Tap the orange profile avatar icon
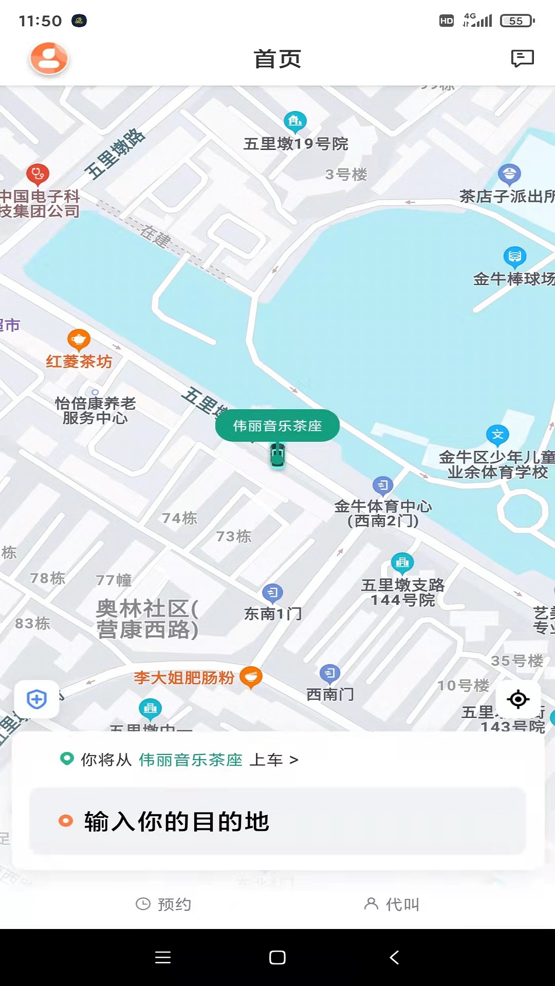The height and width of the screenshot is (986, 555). [x=49, y=59]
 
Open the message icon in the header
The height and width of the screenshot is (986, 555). [x=522, y=59]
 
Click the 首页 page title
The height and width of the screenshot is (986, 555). [x=277, y=59]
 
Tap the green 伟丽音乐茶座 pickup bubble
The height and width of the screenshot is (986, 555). [x=277, y=426]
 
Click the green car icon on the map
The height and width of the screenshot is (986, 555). [x=277, y=455]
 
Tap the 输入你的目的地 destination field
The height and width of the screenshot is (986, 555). [x=277, y=821]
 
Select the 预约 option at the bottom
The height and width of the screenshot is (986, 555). [x=163, y=904]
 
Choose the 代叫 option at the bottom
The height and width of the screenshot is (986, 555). [x=392, y=904]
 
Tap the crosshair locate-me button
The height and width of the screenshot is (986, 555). [x=518, y=699]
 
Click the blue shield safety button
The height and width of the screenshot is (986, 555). [x=36, y=699]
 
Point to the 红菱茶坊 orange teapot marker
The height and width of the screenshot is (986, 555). [x=79, y=339]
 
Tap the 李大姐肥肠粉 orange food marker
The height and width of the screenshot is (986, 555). [x=251, y=677]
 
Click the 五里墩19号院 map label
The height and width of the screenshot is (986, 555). [x=296, y=144]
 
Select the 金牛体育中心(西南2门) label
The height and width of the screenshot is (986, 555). [x=383, y=513]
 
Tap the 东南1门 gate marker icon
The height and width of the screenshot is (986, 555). [x=272, y=593]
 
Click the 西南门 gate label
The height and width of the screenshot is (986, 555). [x=330, y=694]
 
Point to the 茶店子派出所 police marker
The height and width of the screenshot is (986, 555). [x=509, y=175]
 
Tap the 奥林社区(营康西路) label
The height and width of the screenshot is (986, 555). [x=147, y=619]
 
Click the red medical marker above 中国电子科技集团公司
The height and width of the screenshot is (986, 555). [x=38, y=175]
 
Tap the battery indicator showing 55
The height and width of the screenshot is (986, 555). [x=517, y=21]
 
